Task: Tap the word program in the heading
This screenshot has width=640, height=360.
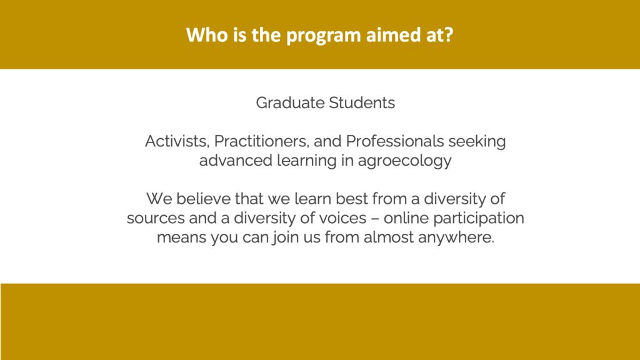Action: pos(324,36)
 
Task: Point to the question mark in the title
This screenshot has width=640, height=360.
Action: pos(449,35)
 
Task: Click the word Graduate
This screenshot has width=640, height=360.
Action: pos(290,103)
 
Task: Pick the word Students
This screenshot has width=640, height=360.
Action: pos(362,103)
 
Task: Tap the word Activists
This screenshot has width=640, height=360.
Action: pos(177,141)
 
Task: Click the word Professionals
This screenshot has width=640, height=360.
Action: pos(395,141)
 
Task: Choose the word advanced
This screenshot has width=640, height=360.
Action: pos(236,161)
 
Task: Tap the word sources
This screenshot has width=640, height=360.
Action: pos(156,219)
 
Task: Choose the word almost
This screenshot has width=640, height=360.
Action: pos(389,237)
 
